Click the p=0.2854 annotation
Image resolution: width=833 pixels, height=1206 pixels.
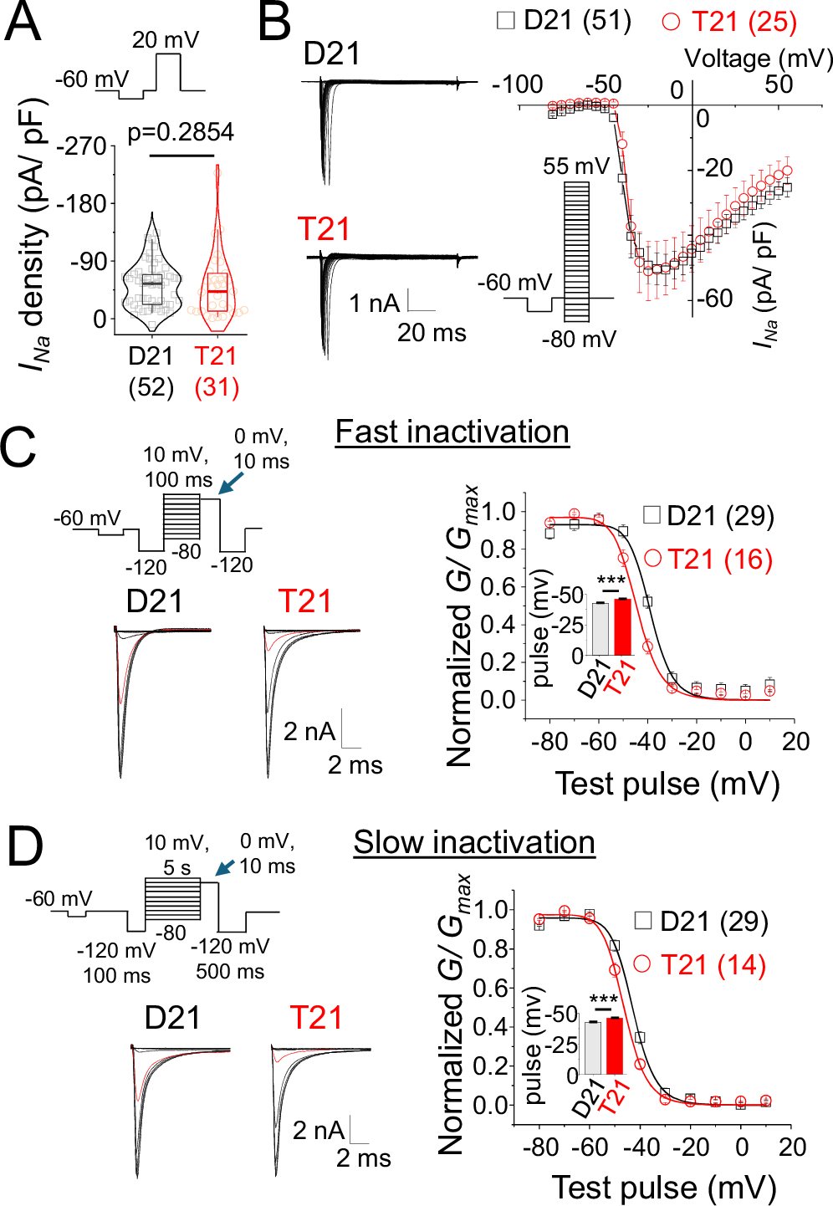tap(181, 132)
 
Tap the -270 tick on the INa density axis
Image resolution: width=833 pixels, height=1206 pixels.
tap(85, 146)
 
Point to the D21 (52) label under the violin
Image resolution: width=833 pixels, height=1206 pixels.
tap(151, 371)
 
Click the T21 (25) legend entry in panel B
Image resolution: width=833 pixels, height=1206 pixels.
tap(729, 22)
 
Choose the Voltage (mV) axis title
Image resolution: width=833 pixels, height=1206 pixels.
tap(759, 59)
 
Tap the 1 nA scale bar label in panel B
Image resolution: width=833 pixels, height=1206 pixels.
tap(374, 303)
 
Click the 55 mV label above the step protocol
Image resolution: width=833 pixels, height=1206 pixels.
tap(576, 166)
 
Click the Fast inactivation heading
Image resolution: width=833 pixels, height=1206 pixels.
tap(452, 432)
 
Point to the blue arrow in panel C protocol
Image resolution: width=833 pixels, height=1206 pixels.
tap(231, 483)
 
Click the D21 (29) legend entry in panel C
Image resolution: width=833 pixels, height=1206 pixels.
tap(709, 516)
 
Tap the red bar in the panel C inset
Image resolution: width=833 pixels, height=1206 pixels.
tap(622, 626)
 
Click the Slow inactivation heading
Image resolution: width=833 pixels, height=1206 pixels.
tap(473, 842)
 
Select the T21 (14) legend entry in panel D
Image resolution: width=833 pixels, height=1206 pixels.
tap(701, 965)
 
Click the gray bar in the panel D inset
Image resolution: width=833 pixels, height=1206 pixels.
tap(593, 1048)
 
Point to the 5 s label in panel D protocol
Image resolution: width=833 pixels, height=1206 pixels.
tap(176, 867)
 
